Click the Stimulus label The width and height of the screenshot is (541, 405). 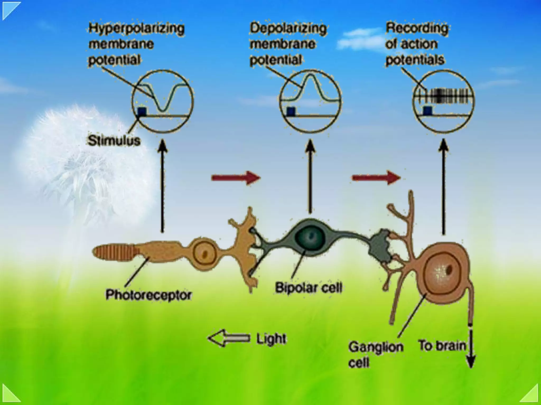click(x=114, y=140)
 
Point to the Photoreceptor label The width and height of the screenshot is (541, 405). click(x=148, y=295)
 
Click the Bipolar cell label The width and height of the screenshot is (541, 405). click(x=309, y=287)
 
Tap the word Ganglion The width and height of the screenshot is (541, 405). click(x=376, y=347)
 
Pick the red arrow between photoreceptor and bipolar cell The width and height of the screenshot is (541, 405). click(x=236, y=178)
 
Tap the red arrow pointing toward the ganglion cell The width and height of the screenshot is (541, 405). click(x=376, y=178)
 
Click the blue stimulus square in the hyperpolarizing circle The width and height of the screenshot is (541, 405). click(x=142, y=111)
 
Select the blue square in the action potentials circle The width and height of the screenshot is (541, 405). click(x=427, y=111)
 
